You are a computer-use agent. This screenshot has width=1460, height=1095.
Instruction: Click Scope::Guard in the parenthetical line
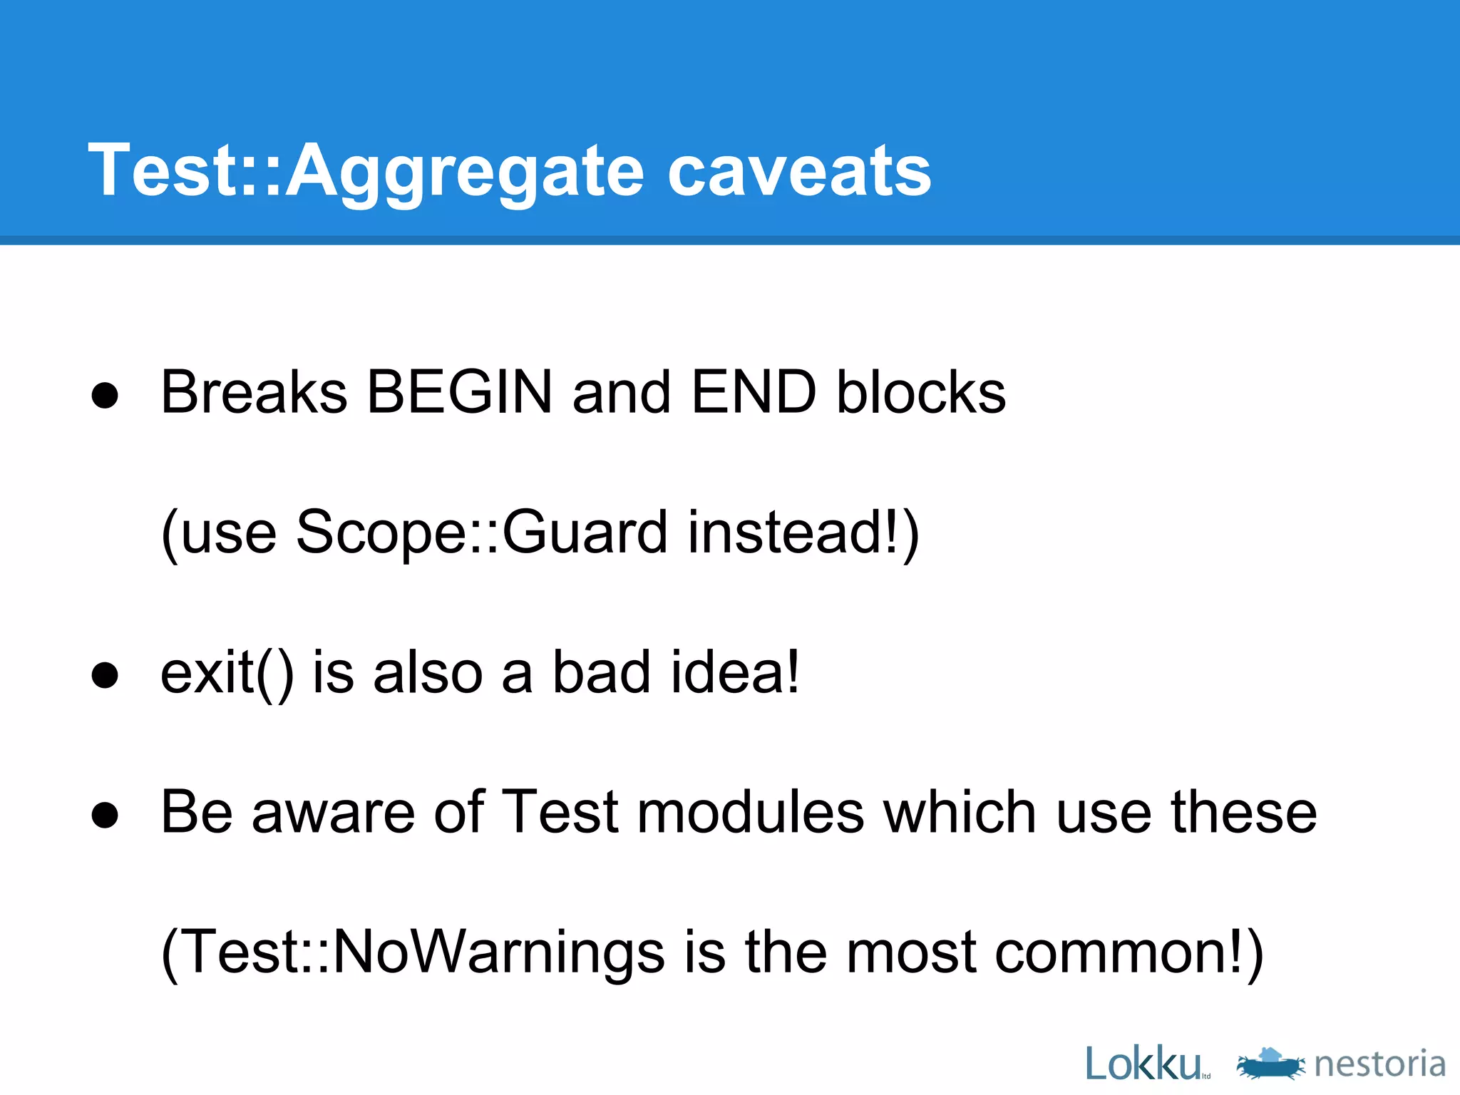coord(481,533)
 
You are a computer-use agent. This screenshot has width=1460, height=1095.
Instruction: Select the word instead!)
coord(803,533)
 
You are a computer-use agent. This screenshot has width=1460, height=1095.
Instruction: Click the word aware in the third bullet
coord(333,813)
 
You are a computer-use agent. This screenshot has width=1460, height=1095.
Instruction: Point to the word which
coord(960,813)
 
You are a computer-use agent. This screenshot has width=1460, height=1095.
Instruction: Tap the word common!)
coord(1129,952)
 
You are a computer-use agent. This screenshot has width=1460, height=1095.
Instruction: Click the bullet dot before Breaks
coord(105,395)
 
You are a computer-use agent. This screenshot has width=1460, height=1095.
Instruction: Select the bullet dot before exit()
coord(105,675)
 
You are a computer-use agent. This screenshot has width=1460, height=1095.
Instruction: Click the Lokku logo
coord(1144,1064)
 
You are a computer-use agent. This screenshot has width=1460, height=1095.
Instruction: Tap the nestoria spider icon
coord(1270,1064)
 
